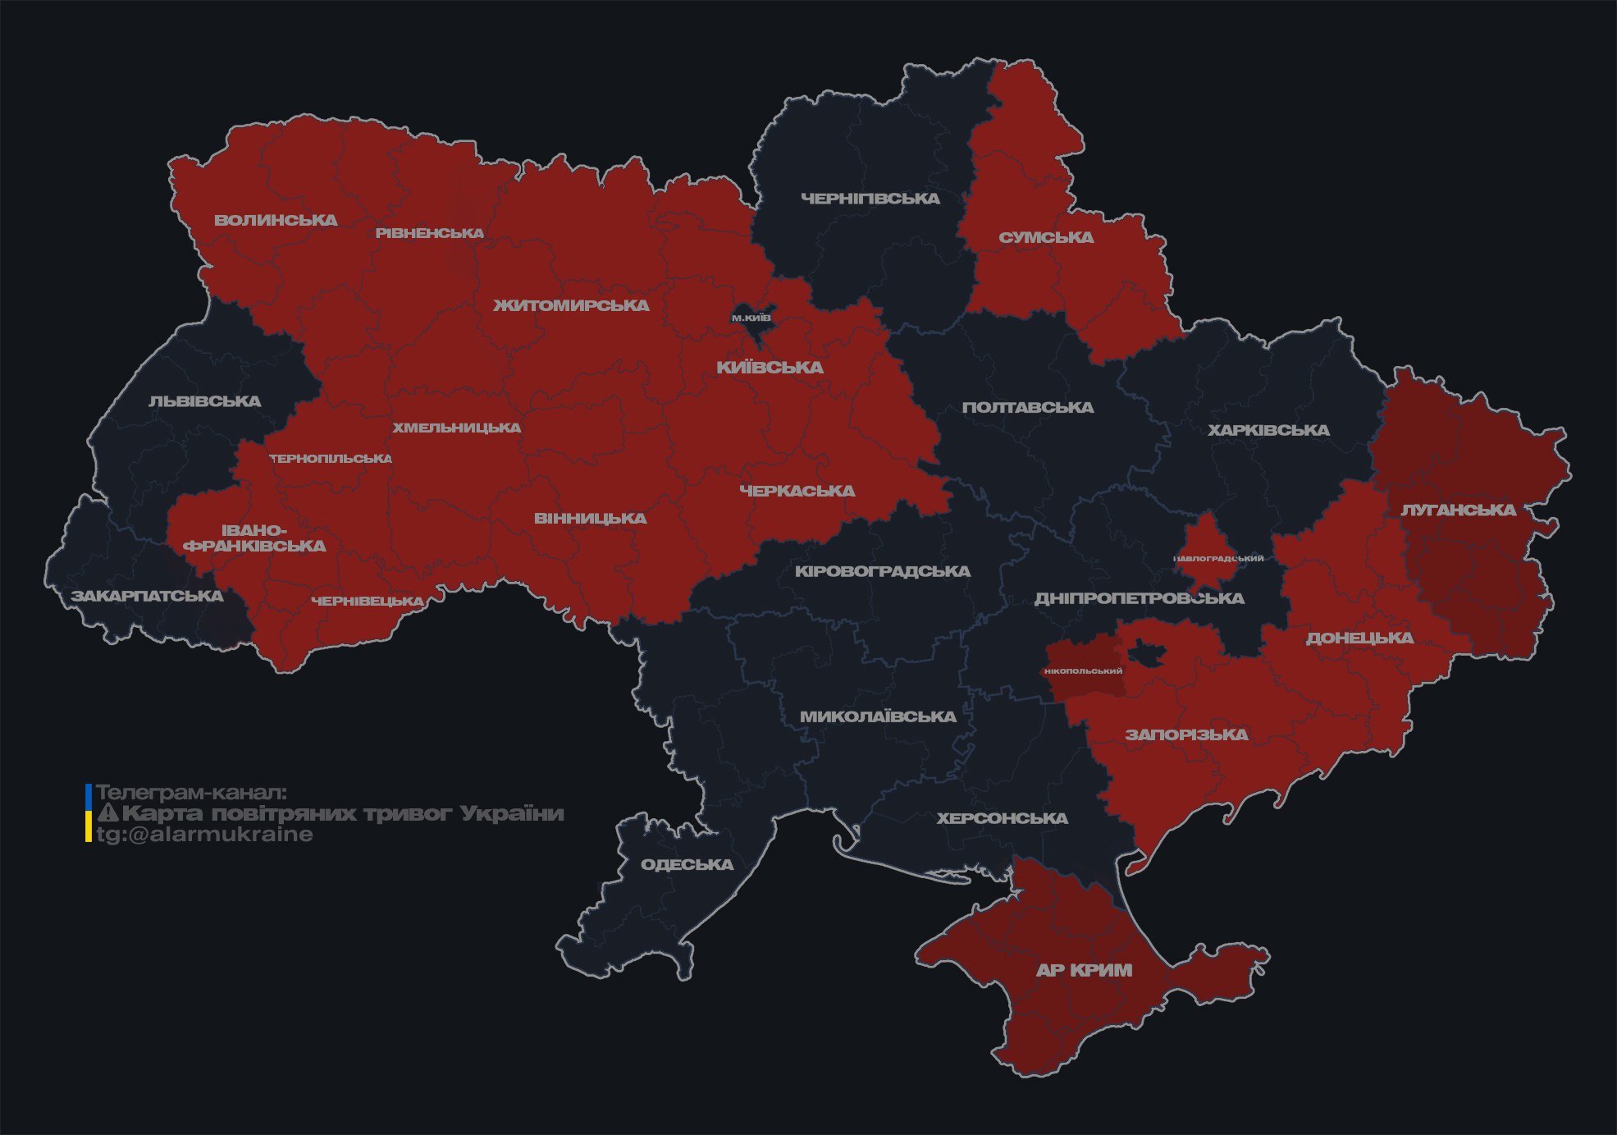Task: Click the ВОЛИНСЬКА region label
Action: click(x=276, y=220)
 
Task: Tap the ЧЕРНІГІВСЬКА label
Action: click(x=870, y=199)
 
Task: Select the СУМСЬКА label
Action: click(x=1046, y=238)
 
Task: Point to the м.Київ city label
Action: click(x=751, y=318)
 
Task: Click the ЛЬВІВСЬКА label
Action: click(x=205, y=401)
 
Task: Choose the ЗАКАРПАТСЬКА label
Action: click(x=147, y=596)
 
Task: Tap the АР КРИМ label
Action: click(x=1084, y=970)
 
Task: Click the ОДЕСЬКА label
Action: click(x=687, y=865)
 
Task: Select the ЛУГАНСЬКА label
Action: click(x=1458, y=510)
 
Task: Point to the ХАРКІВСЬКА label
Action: click(x=1268, y=430)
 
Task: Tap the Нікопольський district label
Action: click(x=1083, y=671)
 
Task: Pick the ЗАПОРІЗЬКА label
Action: click(x=1186, y=735)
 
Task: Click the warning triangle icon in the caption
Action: click(x=108, y=813)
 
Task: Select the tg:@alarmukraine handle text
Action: click(x=204, y=835)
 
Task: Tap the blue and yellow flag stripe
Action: click(x=88, y=813)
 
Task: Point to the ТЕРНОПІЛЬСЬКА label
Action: click(x=331, y=459)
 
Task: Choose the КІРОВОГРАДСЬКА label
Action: click(x=882, y=571)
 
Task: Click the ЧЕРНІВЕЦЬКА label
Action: click(x=368, y=602)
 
